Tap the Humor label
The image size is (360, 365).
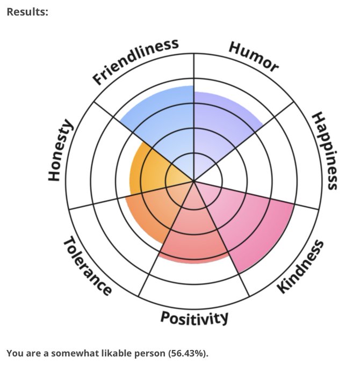point(254,56)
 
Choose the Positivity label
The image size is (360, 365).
point(195,318)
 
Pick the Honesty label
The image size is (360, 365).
point(60,150)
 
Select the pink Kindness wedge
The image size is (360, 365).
point(253,225)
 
